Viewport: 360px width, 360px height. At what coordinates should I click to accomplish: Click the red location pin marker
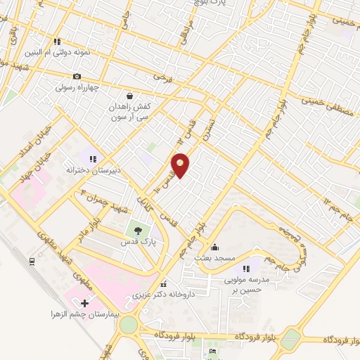[x=181, y=165]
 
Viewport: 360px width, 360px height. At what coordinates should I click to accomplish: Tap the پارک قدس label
[x=138, y=241]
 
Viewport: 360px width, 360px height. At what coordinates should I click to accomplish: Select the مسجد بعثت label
[x=214, y=259]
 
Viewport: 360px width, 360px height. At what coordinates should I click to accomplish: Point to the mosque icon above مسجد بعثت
[x=214, y=247]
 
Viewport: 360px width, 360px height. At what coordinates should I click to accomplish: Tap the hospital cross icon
[x=85, y=303]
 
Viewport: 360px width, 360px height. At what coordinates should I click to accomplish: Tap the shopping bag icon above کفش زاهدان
[x=129, y=96]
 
